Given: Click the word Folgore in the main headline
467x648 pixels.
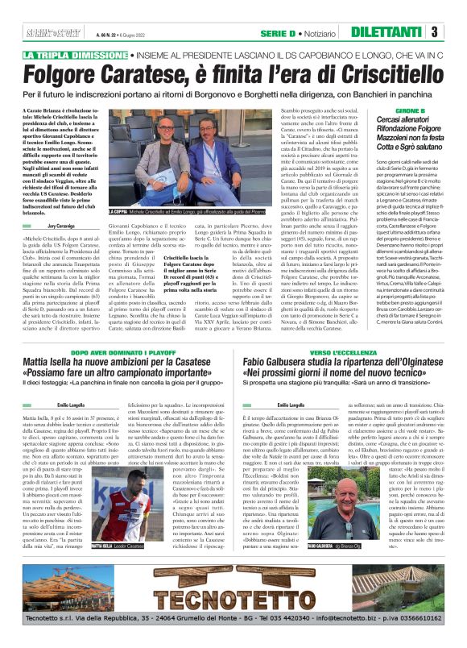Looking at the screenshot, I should click(x=67, y=77).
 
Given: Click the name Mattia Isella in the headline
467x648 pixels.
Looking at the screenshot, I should click(x=57, y=344).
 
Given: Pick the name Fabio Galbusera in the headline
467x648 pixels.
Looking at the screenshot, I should click(x=288, y=344).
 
